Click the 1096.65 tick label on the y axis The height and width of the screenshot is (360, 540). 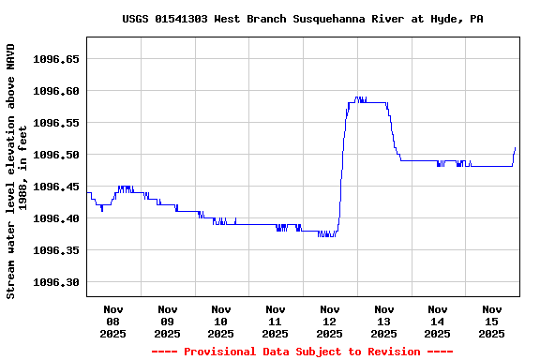[x=55, y=59]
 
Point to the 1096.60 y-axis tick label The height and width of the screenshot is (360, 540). [x=55, y=91]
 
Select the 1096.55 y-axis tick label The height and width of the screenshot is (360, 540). [x=55, y=123]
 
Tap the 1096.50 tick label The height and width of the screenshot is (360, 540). [x=55, y=155]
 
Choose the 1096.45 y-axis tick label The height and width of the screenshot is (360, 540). [x=55, y=187]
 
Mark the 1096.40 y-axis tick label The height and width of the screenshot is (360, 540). [x=55, y=218]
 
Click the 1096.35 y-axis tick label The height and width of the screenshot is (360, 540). [x=55, y=250]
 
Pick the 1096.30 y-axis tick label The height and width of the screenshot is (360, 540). [x=55, y=282]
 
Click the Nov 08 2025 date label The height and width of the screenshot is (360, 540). [x=113, y=321]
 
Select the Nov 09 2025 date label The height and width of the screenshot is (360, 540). [x=168, y=321]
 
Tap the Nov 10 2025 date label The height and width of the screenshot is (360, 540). [x=221, y=321]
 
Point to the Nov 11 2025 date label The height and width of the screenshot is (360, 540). [x=276, y=321]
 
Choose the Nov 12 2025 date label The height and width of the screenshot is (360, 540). [x=329, y=321]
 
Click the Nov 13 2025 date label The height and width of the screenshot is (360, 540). [x=383, y=321]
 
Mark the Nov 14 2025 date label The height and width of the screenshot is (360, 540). [x=437, y=321]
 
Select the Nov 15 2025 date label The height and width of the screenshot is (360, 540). [x=491, y=321]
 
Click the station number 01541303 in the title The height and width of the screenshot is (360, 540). [x=187, y=19]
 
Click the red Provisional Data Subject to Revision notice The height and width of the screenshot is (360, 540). [x=302, y=352]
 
